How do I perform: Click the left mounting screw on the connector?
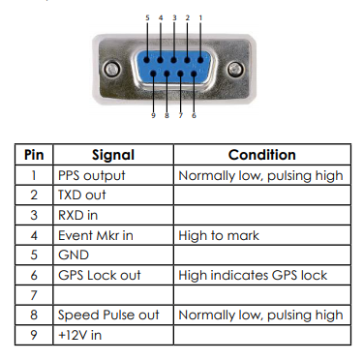click(112, 70)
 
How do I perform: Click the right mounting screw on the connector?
click(235, 70)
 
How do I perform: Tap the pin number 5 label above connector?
click(147, 17)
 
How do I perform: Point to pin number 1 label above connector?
click(200, 17)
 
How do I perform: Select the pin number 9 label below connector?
click(153, 115)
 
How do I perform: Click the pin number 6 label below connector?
click(194, 115)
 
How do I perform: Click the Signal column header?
click(113, 155)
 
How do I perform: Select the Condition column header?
click(262, 155)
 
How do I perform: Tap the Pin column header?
click(34, 155)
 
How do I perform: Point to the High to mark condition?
click(219, 235)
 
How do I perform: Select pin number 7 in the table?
click(34, 295)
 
